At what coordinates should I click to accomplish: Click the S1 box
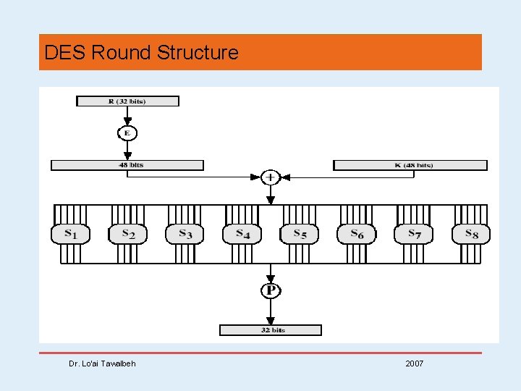click(x=70, y=234)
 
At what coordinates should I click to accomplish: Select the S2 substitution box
click(x=127, y=234)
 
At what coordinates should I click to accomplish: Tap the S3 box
click(x=185, y=234)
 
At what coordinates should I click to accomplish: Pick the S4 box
click(x=242, y=234)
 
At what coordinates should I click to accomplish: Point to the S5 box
click(x=299, y=234)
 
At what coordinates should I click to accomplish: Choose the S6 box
click(x=356, y=234)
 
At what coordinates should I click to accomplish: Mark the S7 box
click(x=413, y=234)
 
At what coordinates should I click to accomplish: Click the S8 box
click(x=470, y=234)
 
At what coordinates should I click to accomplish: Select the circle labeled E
click(x=127, y=133)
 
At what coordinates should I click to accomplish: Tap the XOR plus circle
click(x=271, y=177)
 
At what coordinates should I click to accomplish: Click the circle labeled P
click(x=271, y=290)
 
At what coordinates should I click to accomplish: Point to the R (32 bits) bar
click(x=127, y=101)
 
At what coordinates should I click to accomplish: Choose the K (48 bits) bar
click(x=410, y=165)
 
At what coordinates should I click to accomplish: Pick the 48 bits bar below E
click(x=127, y=165)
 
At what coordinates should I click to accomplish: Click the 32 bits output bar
click(x=271, y=330)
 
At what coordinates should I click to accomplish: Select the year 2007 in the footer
click(x=415, y=363)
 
